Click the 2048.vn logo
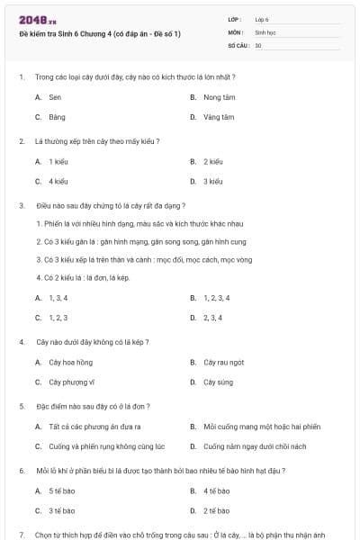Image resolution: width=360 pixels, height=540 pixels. click(x=37, y=19)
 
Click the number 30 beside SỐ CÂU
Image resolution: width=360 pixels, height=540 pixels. click(x=258, y=44)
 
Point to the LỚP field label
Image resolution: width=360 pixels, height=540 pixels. click(x=235, y=19)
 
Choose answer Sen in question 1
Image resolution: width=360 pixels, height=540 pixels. click(x=55, y=96)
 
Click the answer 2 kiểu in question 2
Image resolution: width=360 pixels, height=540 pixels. click(x=212, y=161)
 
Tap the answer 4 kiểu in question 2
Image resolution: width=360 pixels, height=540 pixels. click(x=58, y=181)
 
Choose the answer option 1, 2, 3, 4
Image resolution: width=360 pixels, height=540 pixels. click(x=217, y=297)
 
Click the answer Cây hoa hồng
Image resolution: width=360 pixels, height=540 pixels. click(x=70, y=362)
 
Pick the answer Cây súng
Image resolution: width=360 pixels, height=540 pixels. click(x=217, y=382)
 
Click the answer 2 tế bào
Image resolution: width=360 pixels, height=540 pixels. click(x=216, y=510)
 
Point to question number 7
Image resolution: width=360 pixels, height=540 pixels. click(x=21, y=535)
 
